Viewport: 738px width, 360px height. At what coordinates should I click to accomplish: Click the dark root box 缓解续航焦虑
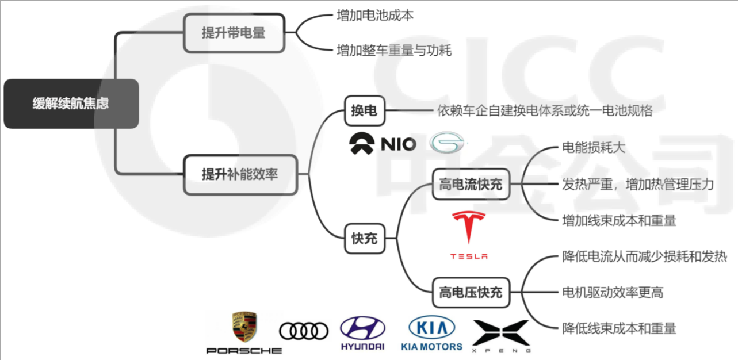71,104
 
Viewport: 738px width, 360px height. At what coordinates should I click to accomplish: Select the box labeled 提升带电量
234,33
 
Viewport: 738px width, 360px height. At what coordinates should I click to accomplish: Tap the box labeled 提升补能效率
240,174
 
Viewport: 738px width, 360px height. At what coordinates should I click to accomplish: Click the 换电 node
364,110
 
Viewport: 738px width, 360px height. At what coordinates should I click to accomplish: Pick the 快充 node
365,238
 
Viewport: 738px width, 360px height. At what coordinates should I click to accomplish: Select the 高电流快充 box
471,185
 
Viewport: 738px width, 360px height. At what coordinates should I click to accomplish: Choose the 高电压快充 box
471,292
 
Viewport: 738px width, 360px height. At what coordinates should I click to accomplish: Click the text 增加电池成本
374,16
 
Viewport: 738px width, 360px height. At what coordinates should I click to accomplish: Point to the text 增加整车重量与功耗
394,51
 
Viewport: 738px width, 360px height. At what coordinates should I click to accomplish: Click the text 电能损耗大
593,147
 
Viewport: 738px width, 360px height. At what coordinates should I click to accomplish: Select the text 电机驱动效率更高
612,292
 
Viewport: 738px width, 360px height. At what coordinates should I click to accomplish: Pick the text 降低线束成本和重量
619,328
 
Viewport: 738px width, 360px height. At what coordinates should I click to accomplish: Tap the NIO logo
383,144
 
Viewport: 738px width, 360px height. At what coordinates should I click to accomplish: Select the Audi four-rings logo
304,331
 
